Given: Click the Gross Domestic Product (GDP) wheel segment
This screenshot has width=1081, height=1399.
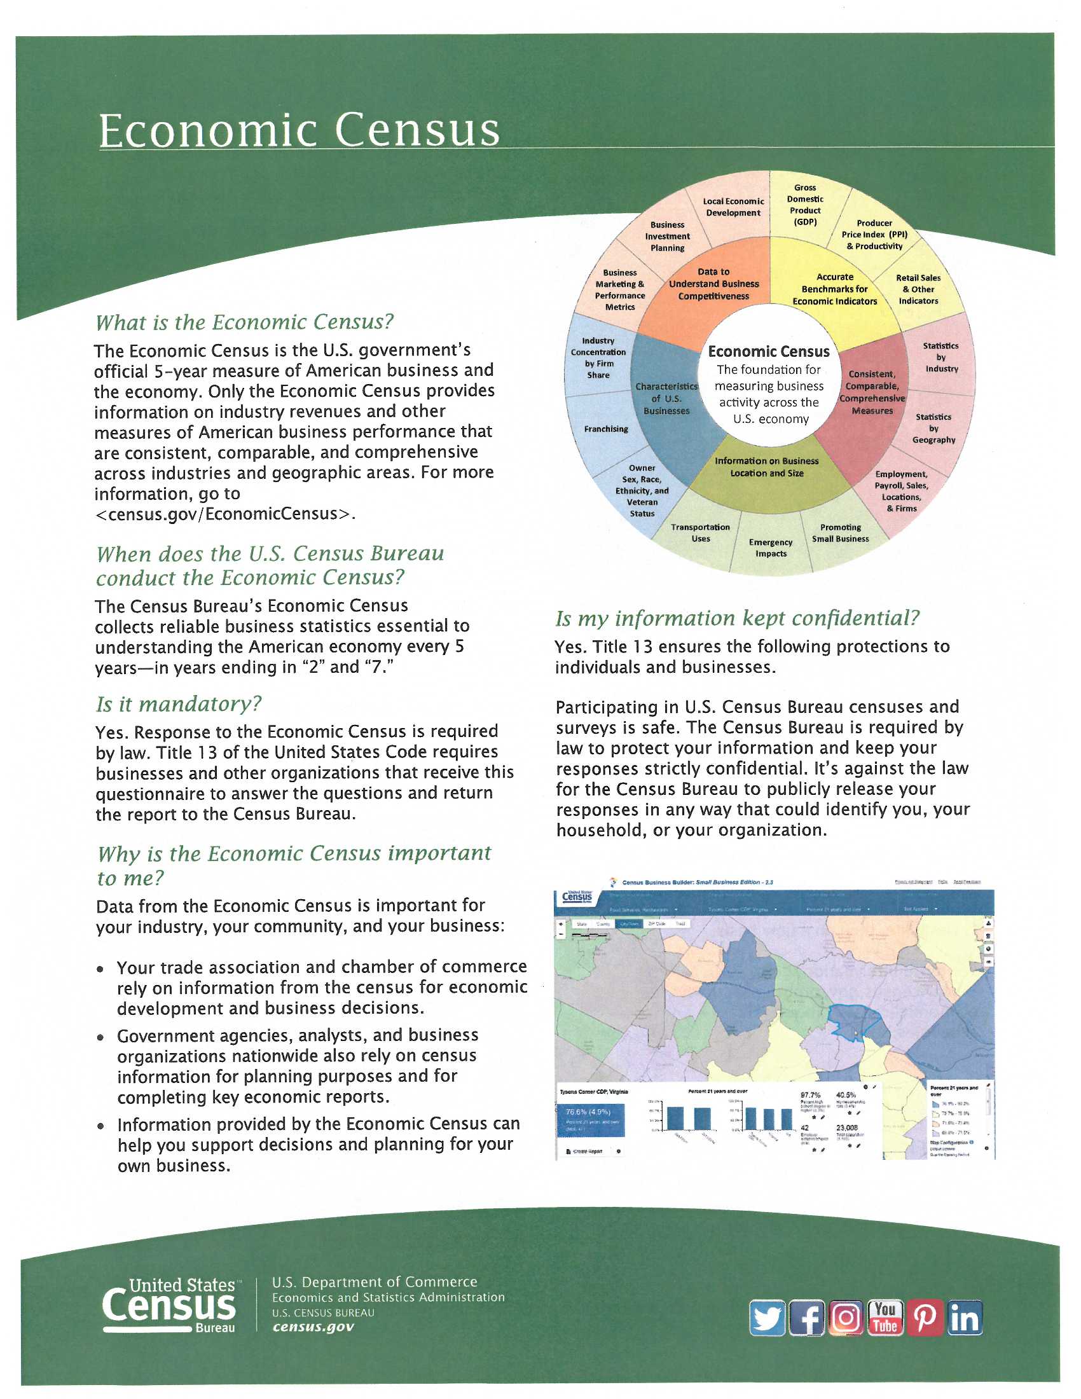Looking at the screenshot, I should [x=805, y=205].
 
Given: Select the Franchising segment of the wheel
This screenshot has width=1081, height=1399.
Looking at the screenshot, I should [x=605, y=429].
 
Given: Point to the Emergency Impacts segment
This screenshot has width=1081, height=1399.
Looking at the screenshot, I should [x=771, y=548].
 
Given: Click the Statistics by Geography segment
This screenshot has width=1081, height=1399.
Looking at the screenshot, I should [x=934, y=428].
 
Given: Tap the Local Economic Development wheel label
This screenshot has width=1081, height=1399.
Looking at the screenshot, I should [x=733, y=207].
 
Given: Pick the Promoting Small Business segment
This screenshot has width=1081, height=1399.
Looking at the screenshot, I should [x=840, y=532].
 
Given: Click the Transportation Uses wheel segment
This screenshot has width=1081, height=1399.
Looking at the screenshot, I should [x=700, y=532].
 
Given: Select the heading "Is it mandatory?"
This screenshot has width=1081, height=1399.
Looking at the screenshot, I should [x=179, y=704].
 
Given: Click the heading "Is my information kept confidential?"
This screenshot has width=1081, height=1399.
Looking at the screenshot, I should [x=737, y=618].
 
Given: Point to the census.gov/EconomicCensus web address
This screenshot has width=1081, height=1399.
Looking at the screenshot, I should [x=224, y=514].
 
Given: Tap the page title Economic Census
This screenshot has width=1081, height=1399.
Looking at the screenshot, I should [x=299, y=130].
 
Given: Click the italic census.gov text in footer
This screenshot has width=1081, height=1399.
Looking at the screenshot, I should [x=313, y=1327].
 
